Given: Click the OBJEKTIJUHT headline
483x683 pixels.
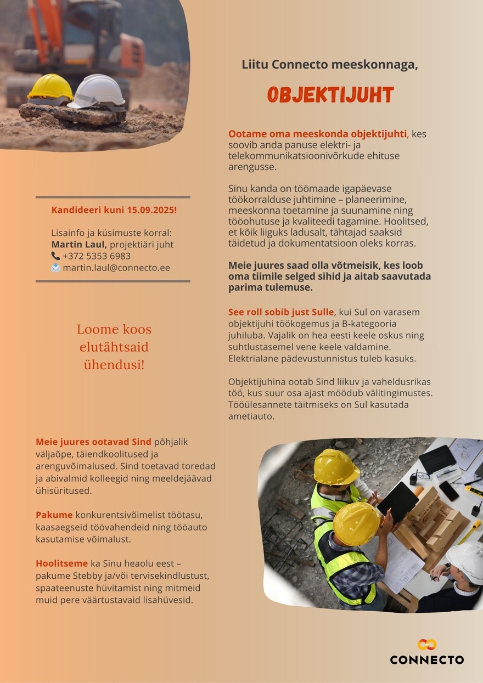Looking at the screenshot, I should tap(330, 95).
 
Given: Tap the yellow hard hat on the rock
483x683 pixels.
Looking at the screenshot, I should tap(50, 87).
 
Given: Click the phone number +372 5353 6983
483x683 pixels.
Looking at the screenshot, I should tap(97, 256).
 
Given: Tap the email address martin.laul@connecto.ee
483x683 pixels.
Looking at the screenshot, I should tap(116, 268).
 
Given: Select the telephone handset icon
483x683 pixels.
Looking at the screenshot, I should tap(56, 256).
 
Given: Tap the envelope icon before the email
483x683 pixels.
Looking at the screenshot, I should tap(56, 268).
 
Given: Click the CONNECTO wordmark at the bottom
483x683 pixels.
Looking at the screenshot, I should tap(426, 659).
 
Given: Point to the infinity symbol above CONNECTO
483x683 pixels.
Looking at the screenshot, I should tap(426, 645).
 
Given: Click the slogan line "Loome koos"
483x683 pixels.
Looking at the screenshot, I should tap(114, 330).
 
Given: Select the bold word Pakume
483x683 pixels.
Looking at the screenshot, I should tap(54, 515).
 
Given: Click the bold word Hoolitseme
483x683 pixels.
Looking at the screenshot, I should tap(61, 563).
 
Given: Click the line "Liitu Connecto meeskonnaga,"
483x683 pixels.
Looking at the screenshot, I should tap(330, 65).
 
